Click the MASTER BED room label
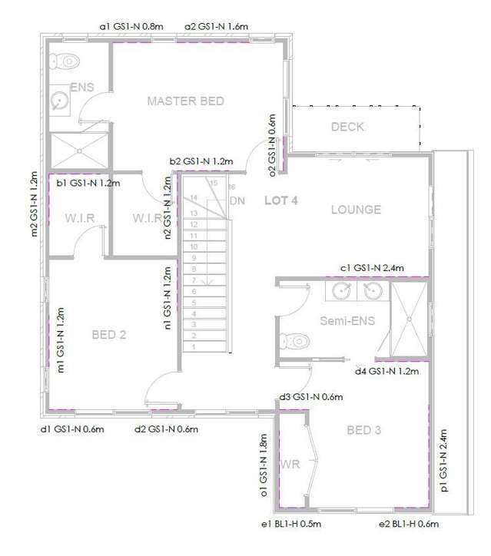185,101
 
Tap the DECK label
347,127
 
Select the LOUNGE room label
356,210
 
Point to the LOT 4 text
280,200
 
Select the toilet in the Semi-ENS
293,339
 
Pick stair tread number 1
194,347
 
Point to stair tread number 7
194,280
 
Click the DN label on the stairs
237,200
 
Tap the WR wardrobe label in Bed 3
290,465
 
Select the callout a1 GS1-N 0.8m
131,26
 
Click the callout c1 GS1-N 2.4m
372,267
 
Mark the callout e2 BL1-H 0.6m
408,525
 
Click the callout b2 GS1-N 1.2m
201,161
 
